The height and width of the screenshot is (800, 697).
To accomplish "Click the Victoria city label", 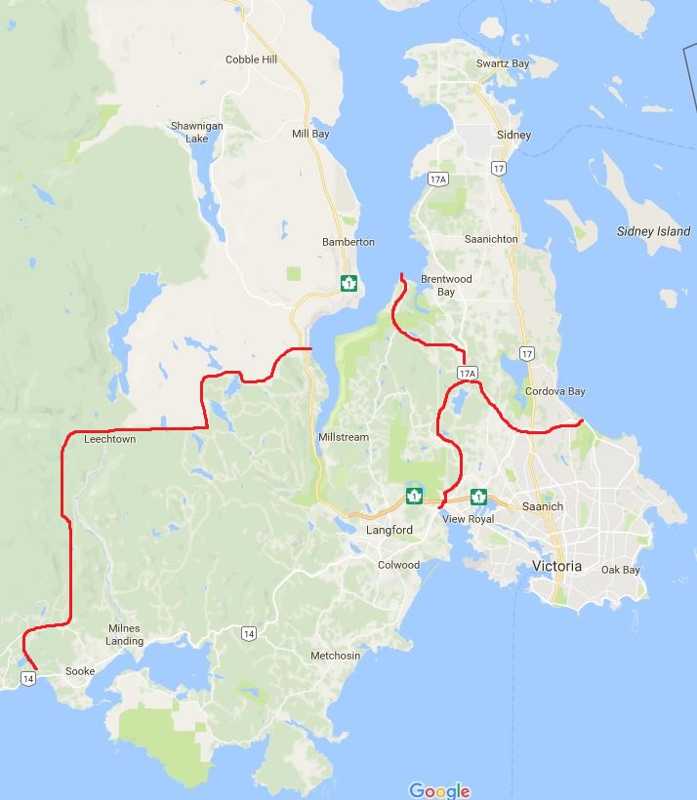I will click(x=556, y=566).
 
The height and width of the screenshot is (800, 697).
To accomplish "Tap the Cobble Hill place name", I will click(x=251, y=60).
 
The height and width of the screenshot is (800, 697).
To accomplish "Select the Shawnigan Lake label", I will click(x=189, y=132).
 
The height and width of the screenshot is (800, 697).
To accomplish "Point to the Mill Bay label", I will click(x=310, y=134).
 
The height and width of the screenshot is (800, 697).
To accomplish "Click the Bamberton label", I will click(x=348, y=242).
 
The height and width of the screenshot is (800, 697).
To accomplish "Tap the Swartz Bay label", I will click(x=503, y=63).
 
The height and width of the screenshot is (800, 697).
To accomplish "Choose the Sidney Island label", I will click(x=654, y=231).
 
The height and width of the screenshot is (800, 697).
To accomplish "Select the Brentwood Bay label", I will click(x=446, y=285).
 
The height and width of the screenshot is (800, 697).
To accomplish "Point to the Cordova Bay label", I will click(x=554, y=391).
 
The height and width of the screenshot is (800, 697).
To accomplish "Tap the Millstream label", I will click(x=344, y=437).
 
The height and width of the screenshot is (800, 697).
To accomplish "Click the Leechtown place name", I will click(x=110, y=440).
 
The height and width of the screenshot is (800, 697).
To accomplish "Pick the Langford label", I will click(x=389, y=530).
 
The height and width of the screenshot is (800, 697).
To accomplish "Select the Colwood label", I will click(x=398, y=565).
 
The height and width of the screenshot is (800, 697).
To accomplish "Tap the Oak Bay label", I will click(x=620, y=570).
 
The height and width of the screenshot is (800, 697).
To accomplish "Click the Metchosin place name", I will click(x=335, y=656).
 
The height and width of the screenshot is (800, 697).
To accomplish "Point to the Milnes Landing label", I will click(x=124, y=634).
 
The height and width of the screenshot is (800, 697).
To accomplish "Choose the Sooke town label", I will click(x=80, y=671).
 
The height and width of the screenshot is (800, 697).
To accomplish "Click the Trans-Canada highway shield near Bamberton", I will click(x=348, y=283).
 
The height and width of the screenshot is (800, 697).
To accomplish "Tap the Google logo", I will click(x=439, y=790).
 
